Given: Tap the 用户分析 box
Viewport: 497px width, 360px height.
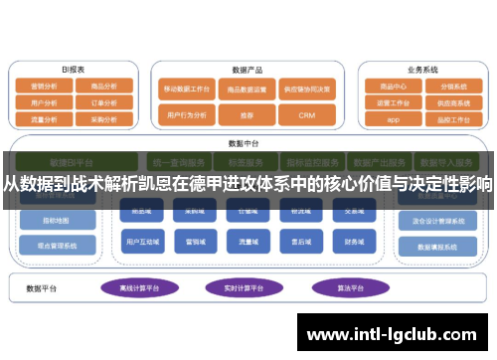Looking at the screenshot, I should click(x=43, y=102).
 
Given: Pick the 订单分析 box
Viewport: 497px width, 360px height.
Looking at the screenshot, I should click(x=102, y=102).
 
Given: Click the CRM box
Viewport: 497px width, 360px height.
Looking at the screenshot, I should click(x=306, y=115).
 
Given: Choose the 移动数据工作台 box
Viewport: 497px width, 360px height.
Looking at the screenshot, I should click(x=187, y=88).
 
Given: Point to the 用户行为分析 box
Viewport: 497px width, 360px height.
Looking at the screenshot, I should click(x=187, y=115).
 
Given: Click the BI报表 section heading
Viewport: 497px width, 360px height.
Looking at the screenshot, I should click(x=72, y=70).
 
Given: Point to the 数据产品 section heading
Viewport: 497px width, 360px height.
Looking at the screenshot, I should click(x=247, y=70).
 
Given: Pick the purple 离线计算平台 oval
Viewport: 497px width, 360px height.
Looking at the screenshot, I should click(x=137, y=287).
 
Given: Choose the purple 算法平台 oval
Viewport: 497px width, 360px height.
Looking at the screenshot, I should click(x=344, y=287).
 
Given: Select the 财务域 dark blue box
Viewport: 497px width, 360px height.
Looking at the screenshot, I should click(x=355, y=241).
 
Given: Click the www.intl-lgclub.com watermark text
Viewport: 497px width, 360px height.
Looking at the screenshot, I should click(x=396, y=327).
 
